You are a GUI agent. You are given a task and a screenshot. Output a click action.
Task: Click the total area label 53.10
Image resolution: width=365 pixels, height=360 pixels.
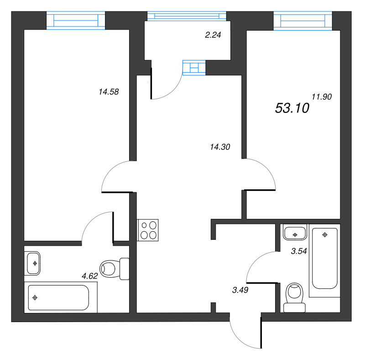[292, 108]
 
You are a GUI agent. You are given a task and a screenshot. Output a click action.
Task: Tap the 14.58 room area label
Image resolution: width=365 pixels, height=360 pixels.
[108, 91]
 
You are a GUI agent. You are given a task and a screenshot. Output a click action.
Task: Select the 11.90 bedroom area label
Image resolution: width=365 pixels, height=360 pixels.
[321, 96]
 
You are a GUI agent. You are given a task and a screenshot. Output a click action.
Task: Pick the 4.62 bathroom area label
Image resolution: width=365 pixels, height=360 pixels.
[90, 275]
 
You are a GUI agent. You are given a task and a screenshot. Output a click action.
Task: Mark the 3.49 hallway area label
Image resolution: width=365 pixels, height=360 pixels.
[240, 289]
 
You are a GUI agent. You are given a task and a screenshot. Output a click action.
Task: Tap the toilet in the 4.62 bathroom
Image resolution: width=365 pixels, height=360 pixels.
[114, 269]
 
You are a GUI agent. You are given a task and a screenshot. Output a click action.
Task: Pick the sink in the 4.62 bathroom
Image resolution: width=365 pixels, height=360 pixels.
[34, 263]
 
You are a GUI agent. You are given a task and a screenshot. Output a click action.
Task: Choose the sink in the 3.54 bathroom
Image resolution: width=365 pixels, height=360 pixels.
[295, 233]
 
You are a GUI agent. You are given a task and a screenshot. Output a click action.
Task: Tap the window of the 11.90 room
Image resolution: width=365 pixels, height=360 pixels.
[302, 21]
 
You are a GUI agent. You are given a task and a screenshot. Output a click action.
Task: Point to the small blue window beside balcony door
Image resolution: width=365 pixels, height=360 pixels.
[194, 67]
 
